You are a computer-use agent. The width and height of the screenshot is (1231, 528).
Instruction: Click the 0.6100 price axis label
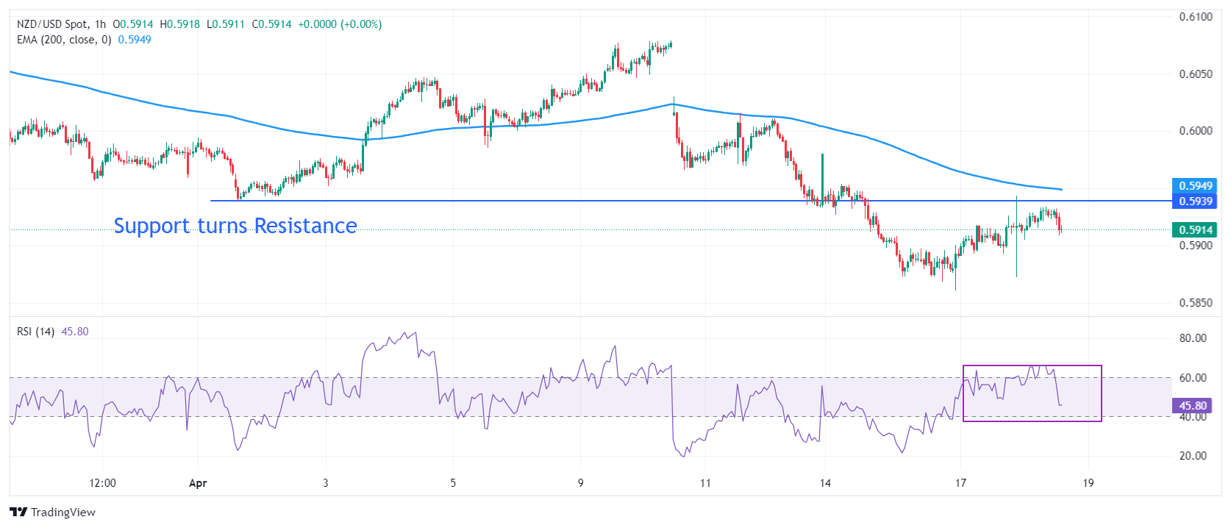tap(1196, 17)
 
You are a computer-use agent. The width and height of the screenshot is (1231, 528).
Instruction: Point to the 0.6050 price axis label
tap(1196, 74)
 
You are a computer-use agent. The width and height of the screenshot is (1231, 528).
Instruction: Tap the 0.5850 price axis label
tap(1196, 303)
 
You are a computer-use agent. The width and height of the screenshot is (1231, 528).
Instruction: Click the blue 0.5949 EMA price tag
tap(1195, 186)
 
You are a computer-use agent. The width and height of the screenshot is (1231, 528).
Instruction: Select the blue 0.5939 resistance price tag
tap(1195, 201)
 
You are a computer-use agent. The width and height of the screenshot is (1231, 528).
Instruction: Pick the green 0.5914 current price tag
tap(1195, 230)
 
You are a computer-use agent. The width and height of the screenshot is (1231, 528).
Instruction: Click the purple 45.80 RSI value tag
tap(1193, 406)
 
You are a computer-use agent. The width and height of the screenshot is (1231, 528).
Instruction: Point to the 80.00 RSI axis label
tap(1193, 338)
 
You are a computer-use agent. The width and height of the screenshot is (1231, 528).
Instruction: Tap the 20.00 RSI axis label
tap(1193, 456)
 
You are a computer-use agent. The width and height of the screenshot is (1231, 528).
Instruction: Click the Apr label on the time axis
tap(198, 483)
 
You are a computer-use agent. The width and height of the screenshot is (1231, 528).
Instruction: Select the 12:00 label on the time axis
tap(102, 483)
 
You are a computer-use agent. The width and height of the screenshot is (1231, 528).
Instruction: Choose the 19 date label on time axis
tap(1088, 483)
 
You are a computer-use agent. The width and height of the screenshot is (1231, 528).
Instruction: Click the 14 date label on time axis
tap(825, 483)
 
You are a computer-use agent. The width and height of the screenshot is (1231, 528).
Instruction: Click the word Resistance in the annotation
tap(305, 226)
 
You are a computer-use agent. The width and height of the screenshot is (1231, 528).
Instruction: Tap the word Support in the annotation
tap(151, 226)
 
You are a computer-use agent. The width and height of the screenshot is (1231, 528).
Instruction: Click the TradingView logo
tap(53, 513)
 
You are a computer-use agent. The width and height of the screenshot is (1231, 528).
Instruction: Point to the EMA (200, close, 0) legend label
tap(64, 40)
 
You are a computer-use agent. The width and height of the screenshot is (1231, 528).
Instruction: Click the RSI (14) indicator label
tap(35, 332)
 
